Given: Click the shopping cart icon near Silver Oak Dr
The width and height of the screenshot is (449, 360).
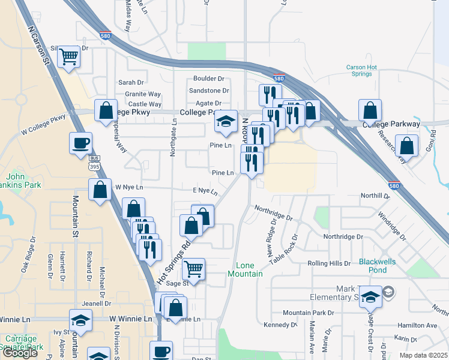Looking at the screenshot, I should coord(69,57).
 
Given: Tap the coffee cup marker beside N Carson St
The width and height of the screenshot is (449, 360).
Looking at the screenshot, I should coord(80,143).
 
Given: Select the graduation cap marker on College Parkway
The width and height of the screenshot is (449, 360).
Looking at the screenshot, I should coord(226,124).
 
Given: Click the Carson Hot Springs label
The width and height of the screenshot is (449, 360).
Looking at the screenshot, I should coord(361,71).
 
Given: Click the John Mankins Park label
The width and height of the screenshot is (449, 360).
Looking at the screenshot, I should coord(24,181).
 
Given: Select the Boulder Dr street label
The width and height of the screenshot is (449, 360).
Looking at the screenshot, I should coord(208,79).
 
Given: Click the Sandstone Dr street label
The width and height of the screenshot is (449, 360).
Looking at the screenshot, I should coord(209,91).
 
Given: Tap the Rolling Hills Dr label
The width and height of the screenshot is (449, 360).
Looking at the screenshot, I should coord(329,263).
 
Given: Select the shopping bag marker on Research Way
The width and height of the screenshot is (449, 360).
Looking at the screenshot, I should coord(407,146).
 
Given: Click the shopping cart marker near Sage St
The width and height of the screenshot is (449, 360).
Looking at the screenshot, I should coord(193,269).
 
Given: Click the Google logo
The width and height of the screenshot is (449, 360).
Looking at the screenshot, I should coord(20,353).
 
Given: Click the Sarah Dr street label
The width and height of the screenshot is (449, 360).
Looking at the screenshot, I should coord(131,82).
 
